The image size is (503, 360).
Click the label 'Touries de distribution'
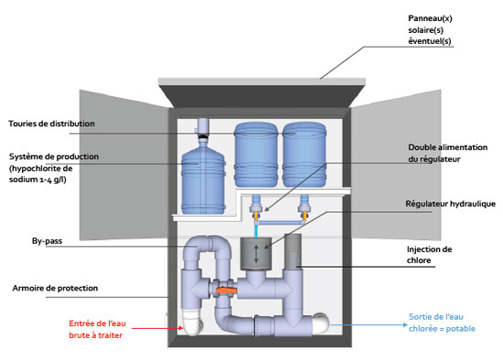click(51, 123)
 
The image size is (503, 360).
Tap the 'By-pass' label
click(47, 240)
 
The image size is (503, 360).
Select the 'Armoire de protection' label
click(55, 288)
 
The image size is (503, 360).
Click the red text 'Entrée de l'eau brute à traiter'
click(97, 329)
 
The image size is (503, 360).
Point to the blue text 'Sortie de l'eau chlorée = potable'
click(442, 323)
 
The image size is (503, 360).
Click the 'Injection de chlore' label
click(429, 255)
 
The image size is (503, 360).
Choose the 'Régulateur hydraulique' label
click(450, 204)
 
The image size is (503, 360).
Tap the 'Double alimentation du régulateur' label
click(447, 153)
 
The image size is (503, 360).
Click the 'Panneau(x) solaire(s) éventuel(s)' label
click(430, 29)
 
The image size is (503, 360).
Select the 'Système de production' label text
click(54, 157)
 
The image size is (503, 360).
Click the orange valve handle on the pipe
click(226, 291)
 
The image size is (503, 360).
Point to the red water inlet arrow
click(157, 328)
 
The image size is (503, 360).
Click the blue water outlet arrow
click(369, 324)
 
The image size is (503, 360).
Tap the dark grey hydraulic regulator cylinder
click(256, 254)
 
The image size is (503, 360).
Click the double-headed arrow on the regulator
click(256, 254)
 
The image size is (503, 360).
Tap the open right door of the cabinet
click(396, 165)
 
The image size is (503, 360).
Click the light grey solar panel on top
click(262, 81)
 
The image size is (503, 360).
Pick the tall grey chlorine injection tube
click(293, 252)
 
